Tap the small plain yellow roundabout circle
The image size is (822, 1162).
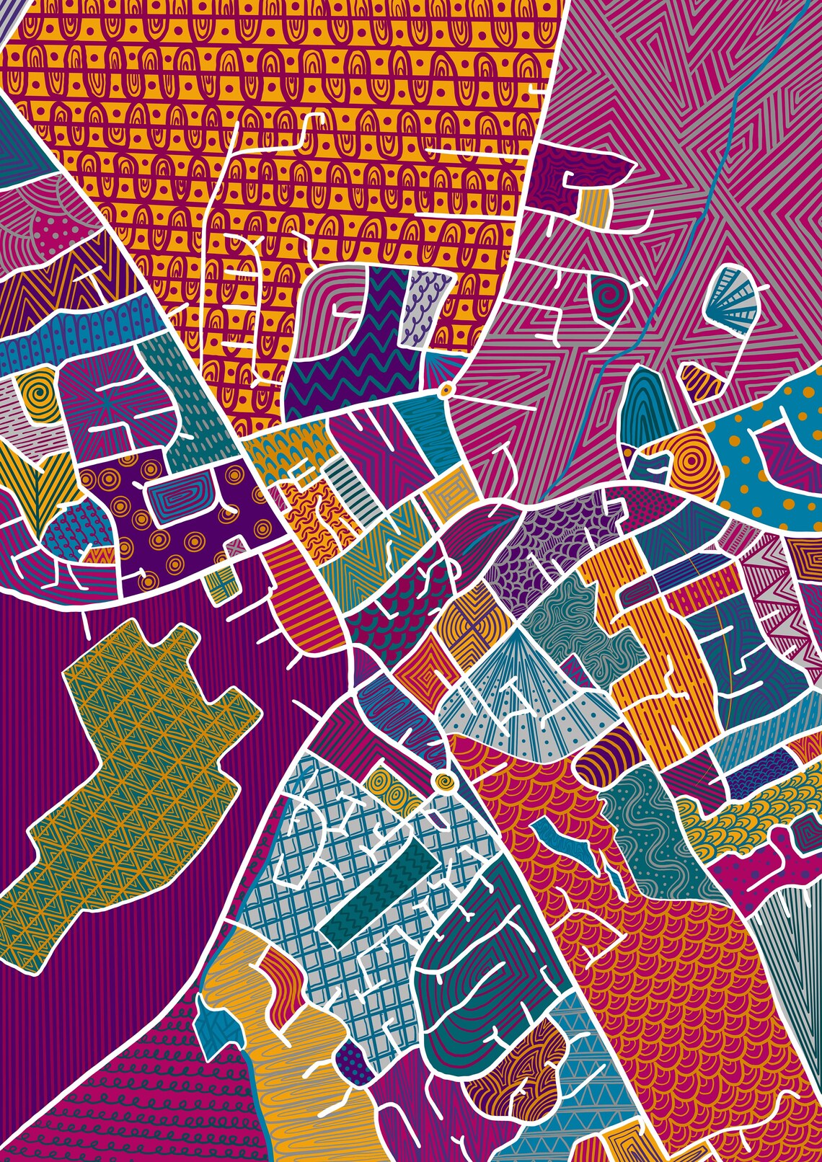point(445,390)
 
